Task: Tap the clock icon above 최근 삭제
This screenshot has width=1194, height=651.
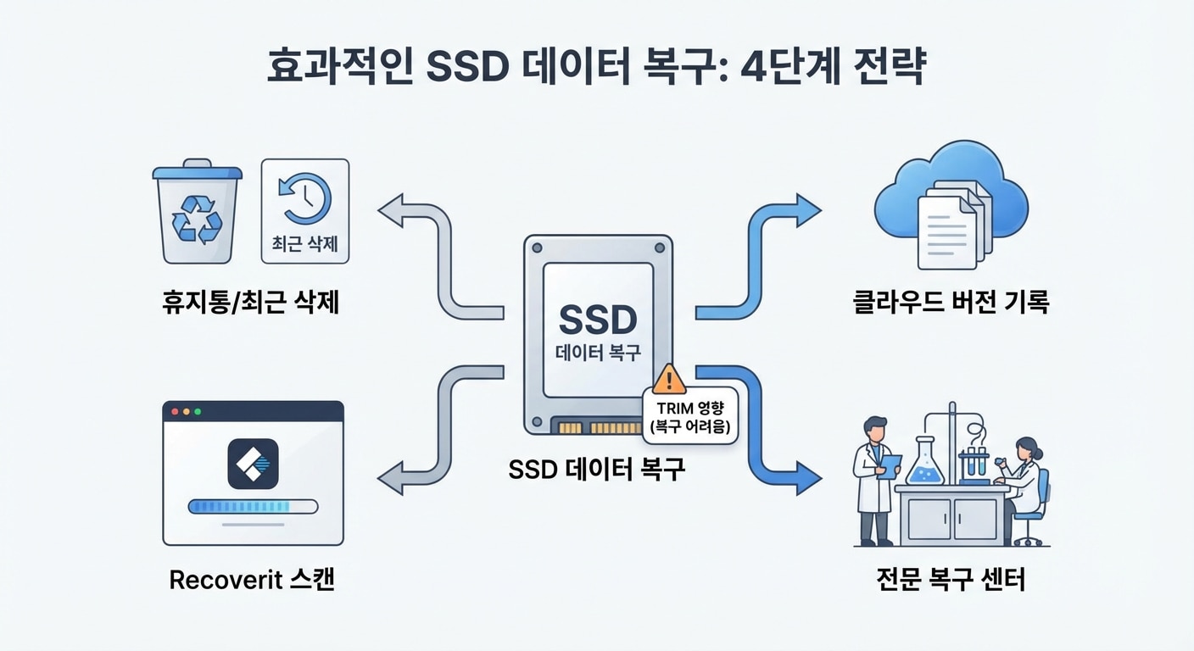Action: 305,198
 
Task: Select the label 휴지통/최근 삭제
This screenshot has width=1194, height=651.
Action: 251,303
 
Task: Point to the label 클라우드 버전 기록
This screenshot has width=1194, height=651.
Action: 951,303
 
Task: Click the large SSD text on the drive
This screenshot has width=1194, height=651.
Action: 598,321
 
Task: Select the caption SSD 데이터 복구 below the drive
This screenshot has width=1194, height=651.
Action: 597,469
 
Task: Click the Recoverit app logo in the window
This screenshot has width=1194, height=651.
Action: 253,464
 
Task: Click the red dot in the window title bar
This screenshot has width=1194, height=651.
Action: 176,411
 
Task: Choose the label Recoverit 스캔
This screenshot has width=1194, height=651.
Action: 252,581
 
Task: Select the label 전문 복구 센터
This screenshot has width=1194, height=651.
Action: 951,581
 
